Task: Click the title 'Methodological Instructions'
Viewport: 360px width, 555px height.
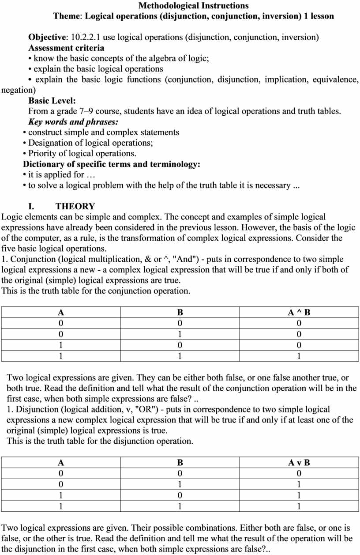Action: coord(193,6)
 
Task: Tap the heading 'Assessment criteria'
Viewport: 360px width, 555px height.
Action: coord(66,48)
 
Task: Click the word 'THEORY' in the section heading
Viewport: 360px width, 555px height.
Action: coord(75,206)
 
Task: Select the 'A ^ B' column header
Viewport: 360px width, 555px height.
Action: coord(299,312)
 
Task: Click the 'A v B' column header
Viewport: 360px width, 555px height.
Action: coord(299,463)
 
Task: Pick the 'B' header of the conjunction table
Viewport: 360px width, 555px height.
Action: coord(180,312)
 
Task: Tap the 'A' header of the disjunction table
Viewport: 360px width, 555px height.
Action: coord(61,463)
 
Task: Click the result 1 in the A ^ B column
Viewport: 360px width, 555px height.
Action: coord(299,356)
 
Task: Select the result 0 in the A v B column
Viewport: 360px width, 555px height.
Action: coord(299,474)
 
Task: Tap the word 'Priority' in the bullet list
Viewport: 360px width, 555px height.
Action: coord(43,154)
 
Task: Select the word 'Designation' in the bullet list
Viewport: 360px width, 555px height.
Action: coord(50,143)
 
